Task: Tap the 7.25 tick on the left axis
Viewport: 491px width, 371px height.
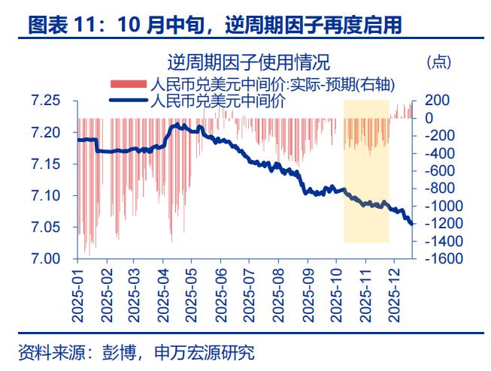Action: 45,101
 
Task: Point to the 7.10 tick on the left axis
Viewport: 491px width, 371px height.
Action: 45,196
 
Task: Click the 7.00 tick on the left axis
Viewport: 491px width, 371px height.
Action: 45,259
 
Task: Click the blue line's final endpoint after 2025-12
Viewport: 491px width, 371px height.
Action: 412,223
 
